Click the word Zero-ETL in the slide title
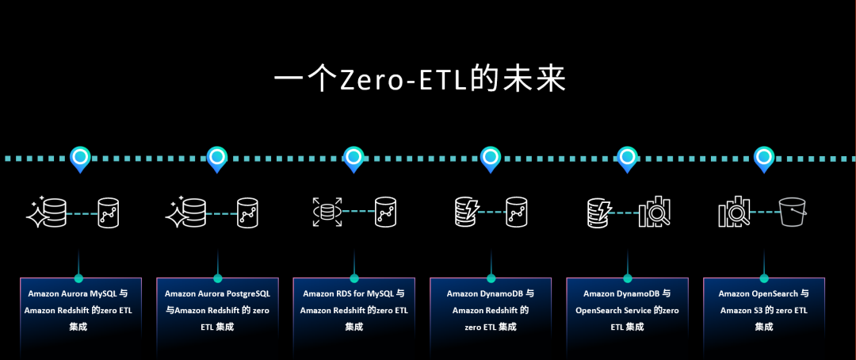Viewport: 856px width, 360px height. tap(398, 81)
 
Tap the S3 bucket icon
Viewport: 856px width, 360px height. tap(793, 212)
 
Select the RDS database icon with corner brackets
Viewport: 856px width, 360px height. tap(327, 212)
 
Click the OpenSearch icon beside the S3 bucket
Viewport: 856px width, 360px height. tap(734, 212)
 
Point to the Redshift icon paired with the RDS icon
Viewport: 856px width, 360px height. tap(385, 212)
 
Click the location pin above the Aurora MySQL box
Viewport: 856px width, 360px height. tap(81, 159)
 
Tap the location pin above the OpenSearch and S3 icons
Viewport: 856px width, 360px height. tap(764, 159)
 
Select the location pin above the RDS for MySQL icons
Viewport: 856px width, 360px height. tap(353, 159)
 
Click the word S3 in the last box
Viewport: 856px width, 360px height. tap(751, 311)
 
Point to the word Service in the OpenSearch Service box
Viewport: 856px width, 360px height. tap(637, 310)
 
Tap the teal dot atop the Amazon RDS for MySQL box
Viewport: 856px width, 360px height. tap(353, 278)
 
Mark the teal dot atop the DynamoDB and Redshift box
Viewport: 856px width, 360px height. tap(491, 278)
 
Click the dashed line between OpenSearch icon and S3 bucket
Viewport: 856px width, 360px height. tap(764, 212)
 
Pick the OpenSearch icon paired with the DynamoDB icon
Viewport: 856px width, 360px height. tap(655, 212)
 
